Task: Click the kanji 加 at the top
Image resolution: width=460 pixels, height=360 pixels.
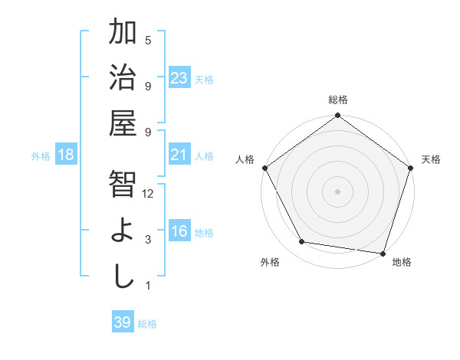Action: tap(123, 33)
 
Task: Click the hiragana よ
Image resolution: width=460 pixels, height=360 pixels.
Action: tap(123, 231)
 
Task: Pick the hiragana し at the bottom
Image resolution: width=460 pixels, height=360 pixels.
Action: tap(123, 277)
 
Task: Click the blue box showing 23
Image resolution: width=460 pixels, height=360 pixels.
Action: tap(179, 78)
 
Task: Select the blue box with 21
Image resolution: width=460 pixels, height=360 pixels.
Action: tap(179, 155)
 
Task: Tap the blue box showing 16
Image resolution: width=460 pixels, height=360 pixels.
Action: tap(179, 231)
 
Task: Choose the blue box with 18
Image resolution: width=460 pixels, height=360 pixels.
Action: tap(66, 155)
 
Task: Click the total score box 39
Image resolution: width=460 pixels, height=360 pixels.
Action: tap(123, 322)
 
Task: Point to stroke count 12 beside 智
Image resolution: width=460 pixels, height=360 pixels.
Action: tap(148, 194)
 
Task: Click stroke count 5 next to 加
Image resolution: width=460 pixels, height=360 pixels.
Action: tap(148, 40)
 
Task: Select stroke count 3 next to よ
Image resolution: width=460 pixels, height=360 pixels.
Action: tap(148, 240)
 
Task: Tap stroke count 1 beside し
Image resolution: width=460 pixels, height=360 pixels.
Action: tap(148, 286)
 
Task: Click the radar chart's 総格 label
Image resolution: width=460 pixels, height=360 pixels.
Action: tap(338, 100)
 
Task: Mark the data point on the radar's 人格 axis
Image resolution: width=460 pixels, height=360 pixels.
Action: tap(265, 168)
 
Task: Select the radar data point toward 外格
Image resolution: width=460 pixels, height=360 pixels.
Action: tap(302, 242)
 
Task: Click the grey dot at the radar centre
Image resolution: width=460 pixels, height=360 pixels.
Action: tap(337, 191)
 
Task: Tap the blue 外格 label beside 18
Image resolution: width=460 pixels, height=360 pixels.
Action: tap(41, 155)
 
